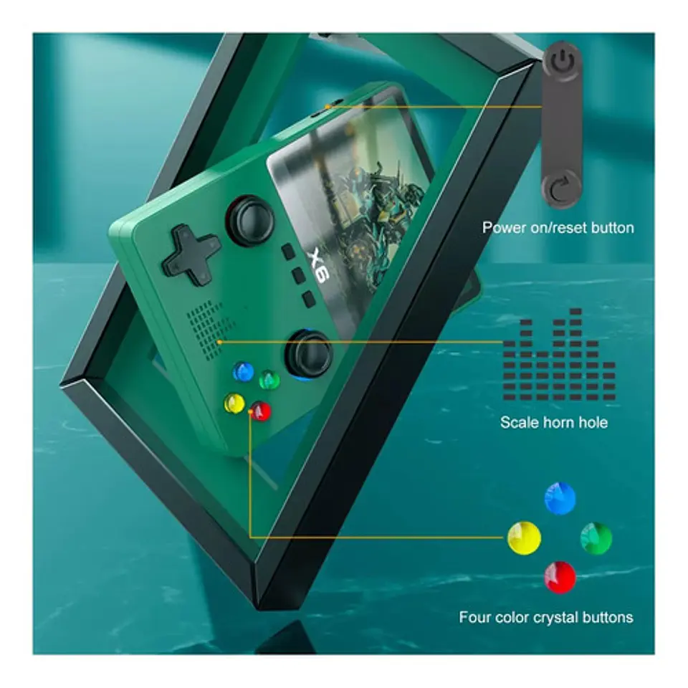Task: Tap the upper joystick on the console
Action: tap(250, 220)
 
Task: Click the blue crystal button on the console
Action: tap(243, 372)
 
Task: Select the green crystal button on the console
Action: tap(269, 380)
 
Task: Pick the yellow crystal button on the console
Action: tap(234, 403)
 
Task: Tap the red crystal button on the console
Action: tap(261, 411)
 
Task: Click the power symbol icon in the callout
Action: tap(563, 62)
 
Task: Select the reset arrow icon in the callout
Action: tap(560, 188)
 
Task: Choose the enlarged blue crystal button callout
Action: tap(560, 498)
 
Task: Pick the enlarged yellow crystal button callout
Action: tap(525, 538)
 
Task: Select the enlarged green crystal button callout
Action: tap(596, 538)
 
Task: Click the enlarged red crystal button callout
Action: tap(560, 577)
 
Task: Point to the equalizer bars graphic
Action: tap(559, 355)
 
